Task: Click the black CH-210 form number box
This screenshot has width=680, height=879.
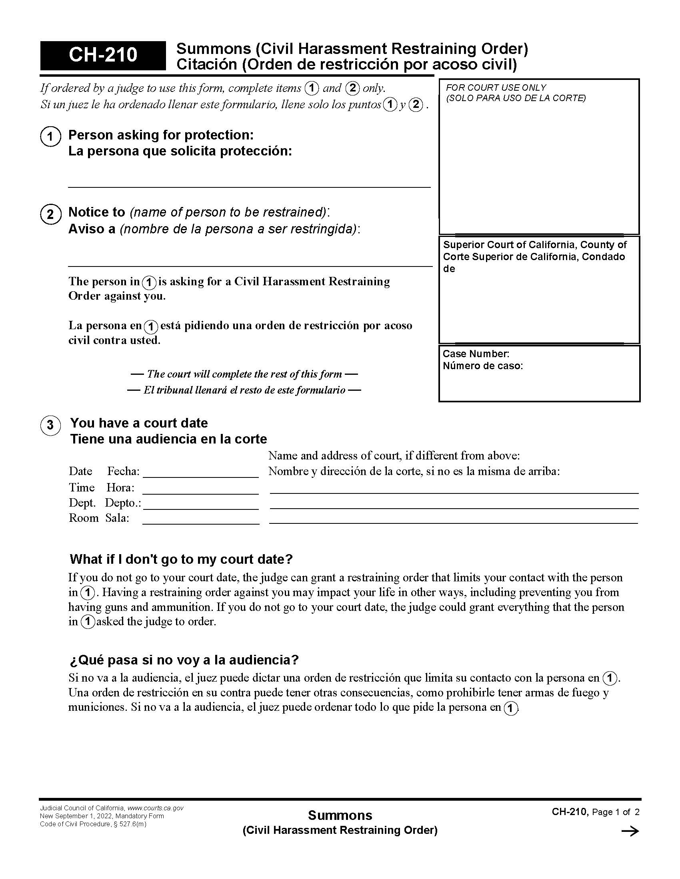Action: click(x=103, y=55)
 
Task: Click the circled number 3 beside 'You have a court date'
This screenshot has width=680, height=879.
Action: click(x=50, y=425)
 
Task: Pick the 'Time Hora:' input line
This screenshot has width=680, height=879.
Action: click(x=201, y=489)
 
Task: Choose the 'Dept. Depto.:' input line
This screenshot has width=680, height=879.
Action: click(x=201, y=504)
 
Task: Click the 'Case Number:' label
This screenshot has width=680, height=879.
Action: click(x=476, y=354)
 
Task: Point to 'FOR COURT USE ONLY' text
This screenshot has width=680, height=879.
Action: click(x=496, y=88)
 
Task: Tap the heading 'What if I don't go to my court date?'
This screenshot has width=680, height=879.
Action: click(x=181, y=559)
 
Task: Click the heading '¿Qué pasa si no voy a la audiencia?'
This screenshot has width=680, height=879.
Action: click(x=184, y=660)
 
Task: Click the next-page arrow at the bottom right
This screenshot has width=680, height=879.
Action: click(x=630, y=831)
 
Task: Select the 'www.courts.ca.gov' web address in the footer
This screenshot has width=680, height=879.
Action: click(x=156, y=808)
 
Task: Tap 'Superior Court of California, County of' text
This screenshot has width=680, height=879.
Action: click(x=534, y=245)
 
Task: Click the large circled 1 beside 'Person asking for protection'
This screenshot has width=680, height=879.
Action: click(x=50, y=136)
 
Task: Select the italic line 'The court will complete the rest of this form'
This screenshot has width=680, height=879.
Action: click(x=244, y=374)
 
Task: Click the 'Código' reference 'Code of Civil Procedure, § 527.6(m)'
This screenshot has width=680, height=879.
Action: click(x=93, y=824)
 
